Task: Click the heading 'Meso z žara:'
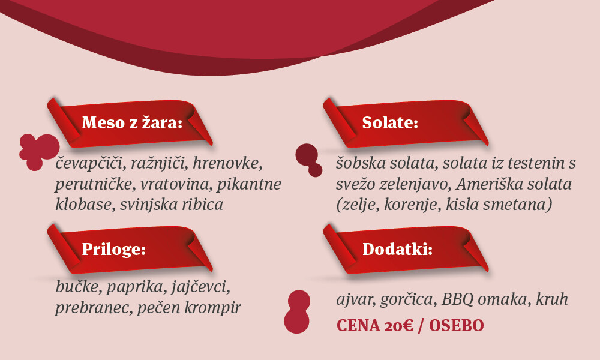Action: (x=132, y=123)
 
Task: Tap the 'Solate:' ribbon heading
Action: (x=390, y=123)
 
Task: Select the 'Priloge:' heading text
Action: (x=113, y=250)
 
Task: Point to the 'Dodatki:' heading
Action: (x=397, y=250)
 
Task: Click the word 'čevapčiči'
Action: (x=91, y=164)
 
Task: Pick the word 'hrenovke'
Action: (x=227, y=163)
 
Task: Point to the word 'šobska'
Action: (x=361, y=163)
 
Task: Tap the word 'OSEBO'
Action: (x=456, y=326)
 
